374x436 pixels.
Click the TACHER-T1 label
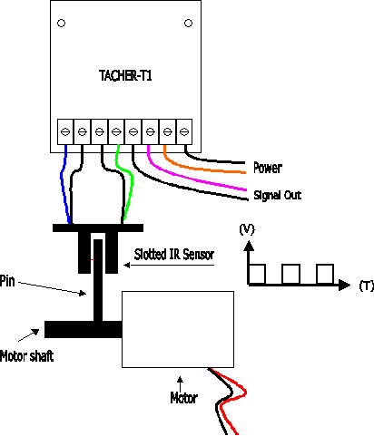tap(125, 75)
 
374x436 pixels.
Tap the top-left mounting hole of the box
tap(61, 23)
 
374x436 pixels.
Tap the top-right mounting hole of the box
tap(188, 23)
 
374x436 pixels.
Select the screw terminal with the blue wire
tap(65, 131)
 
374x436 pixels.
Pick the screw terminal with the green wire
tap(116, 131)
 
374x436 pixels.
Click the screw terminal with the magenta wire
tap(150, 131)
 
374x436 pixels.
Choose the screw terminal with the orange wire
tap(167, 131)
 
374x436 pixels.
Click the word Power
tap(268, 168)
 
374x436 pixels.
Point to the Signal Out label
tap(278, 195)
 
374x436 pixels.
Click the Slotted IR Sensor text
tap(174, 255)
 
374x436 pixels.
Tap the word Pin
tap(7, 281)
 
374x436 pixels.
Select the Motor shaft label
tap(26, 356)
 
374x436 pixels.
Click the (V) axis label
tap(247, 229)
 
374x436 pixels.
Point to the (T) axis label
tap(367, 286)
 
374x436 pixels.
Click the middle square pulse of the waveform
tap(290, 274)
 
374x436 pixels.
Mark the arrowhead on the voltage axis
tap(249, 246)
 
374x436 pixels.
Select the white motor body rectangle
tap(178, 329)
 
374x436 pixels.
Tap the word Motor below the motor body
tap(183, 398)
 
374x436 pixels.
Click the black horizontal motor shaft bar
tap(84, 329)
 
